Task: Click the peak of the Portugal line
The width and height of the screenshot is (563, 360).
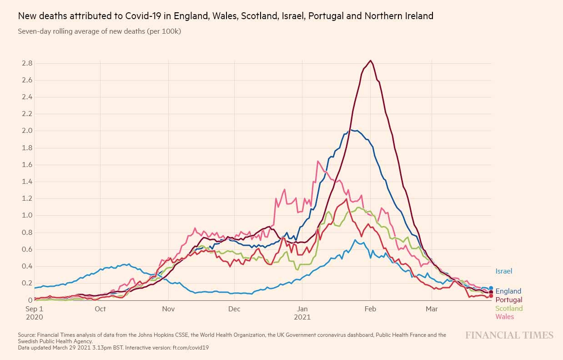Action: coord(371,61)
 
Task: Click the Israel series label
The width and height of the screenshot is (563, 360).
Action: coord(503,271)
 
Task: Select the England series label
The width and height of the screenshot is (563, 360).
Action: coord(508,291)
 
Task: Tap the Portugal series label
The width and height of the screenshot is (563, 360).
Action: coord(508,300)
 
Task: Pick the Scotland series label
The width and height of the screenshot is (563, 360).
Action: coord(509,309)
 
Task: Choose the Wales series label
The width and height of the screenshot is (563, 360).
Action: coord(504,317)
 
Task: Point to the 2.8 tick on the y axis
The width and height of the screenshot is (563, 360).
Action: coord(27,63)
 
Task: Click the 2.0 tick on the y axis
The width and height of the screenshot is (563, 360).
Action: coord(27,131)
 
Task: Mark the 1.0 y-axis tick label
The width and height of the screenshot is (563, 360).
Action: coord(27,215)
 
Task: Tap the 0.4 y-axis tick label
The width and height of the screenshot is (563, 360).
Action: coord(27,266)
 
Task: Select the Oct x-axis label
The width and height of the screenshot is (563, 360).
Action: coord(101,309)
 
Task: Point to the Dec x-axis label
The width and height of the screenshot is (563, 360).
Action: coord(234,309)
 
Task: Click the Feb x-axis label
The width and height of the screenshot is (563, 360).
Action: coord(371,309)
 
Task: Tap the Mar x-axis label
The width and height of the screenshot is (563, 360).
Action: coord(432,309)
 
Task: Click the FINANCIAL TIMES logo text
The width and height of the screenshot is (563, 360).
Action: coord(509,335)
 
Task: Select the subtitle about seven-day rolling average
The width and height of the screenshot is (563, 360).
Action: coord(100,31)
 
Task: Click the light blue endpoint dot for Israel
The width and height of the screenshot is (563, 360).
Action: coord(491,288)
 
